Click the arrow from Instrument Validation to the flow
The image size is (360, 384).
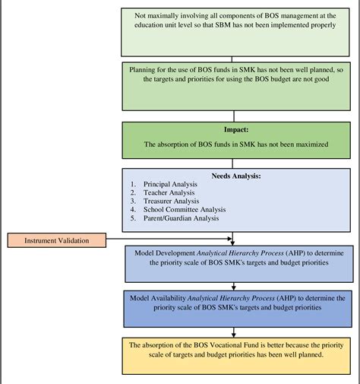167,240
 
